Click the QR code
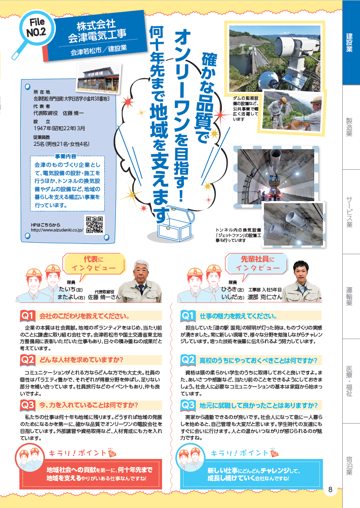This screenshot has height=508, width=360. click(x=94, y=225)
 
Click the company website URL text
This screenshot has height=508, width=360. click(x=57, y=230)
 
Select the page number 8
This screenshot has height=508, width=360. click(x=330, y=490)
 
